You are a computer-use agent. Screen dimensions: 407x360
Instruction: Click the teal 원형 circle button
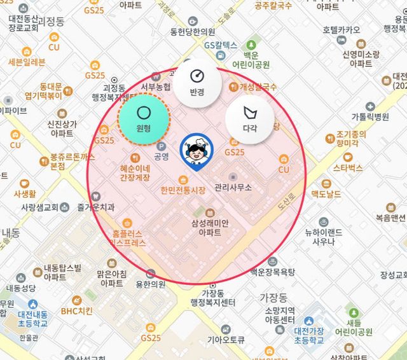(144, 118)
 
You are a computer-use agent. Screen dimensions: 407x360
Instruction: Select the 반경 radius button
(197, 81)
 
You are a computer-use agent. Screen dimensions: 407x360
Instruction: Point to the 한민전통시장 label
(184, 190)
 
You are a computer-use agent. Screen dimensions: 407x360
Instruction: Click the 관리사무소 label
(234, 187)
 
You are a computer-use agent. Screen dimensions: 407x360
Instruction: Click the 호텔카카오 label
(341, 30)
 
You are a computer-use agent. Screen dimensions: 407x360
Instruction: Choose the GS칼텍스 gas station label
(221, 45)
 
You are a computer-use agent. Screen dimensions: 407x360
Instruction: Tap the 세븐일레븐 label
(27, 62)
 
